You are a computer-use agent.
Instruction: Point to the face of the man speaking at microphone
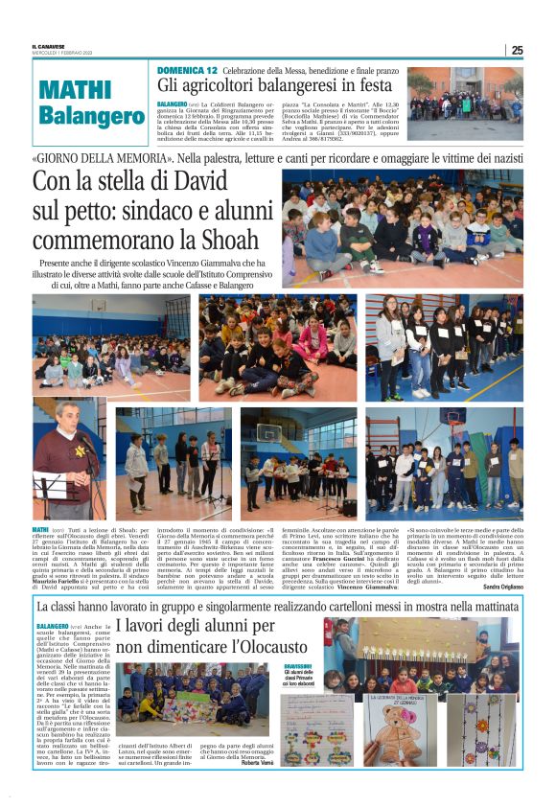65,417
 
